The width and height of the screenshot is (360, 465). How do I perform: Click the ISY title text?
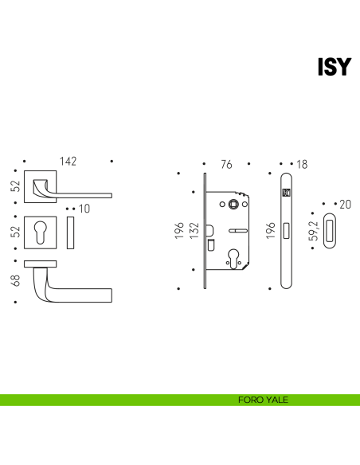pos(335,67)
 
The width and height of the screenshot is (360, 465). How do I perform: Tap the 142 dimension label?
pos(68,162)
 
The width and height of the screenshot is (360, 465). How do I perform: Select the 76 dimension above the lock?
pos(226,164)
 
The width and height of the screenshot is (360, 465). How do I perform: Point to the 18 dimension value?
pos(302,164)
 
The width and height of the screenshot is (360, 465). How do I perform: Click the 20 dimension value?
pos(345,205)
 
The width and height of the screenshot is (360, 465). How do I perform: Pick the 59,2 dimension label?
pos(313,230)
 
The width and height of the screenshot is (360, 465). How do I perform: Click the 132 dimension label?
pos(194,230)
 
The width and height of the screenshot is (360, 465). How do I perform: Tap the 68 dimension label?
pos(15,280)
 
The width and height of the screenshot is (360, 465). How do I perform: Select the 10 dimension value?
pos(84,209)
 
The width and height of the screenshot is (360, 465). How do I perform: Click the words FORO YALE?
pos(263,400)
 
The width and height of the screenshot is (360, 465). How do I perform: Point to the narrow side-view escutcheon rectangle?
pos(70,232)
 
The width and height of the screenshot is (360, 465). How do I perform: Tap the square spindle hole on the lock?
pos(233,204)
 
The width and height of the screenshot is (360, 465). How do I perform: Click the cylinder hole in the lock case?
pos(233,258)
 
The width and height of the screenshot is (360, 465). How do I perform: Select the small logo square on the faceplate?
pos(286,193)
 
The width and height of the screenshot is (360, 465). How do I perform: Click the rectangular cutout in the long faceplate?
pos(286,230)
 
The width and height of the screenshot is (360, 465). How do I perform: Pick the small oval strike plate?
pos(330,230)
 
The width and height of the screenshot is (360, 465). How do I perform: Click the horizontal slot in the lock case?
pos(238,230)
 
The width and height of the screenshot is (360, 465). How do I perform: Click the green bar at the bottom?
pos(180,400)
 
